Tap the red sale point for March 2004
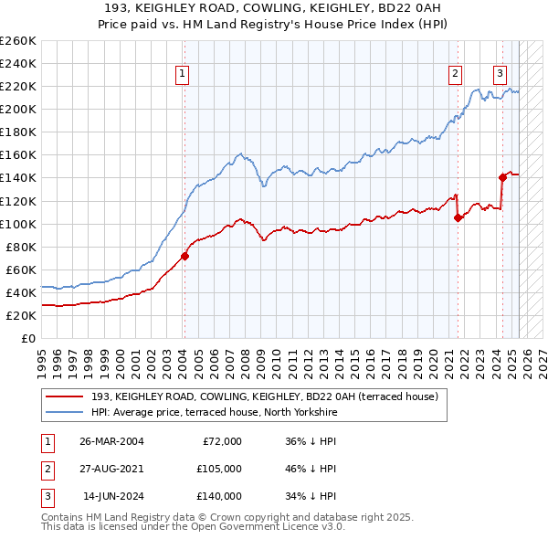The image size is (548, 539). coord(184,256)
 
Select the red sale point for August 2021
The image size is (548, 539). coord(458,217)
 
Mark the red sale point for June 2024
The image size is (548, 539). coord(502,177)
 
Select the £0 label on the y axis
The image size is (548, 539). coord(27,338)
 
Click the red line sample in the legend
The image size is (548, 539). coord(64,396)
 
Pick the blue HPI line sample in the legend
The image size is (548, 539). coord(64,412)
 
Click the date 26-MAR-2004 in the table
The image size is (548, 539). coord(112,441)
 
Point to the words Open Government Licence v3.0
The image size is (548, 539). coord(263,527)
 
